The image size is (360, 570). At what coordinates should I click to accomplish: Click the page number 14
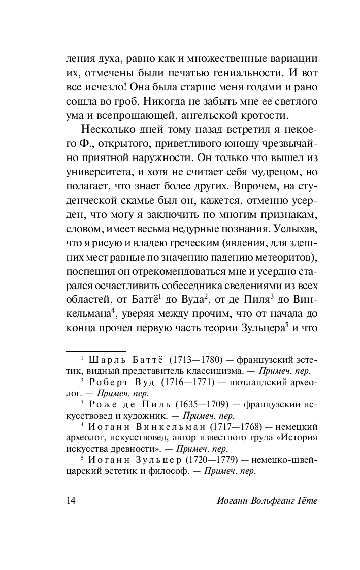click(x=71, y=501)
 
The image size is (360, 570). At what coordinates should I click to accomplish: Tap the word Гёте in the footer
click(x=306, y=501)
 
